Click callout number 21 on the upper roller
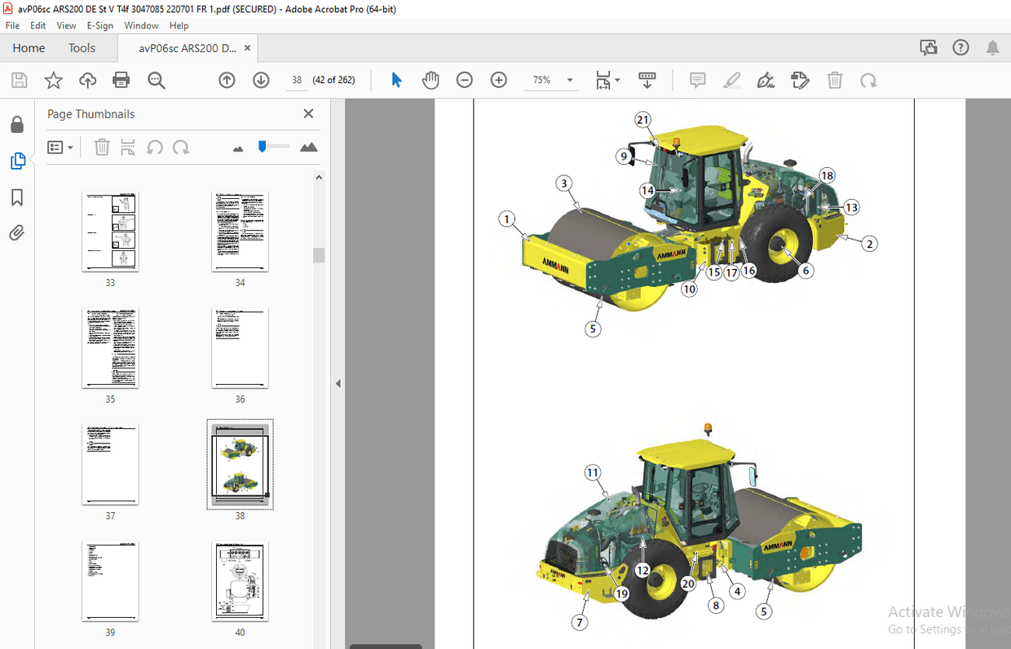pyautogui.click(x=643, y=120)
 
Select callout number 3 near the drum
pyautogui.click(x=564, y=183)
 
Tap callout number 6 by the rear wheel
pyautogui.click(x=806, y=271)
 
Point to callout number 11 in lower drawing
pyautogui.click(x=593, y=473)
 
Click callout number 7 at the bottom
pyautogui.click(x=580, y=623)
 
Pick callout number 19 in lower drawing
pyautogui.click(x=621, y=594)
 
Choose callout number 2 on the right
pyautogui.click(x=870, y=243)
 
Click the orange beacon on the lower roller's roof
pyautogui.click(x=707, y=429)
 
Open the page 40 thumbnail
pyautogui.click(x=240, y=581)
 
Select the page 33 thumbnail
pyautogui.click(x=110, y=232)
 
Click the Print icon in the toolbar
pyautogui.click(x=121, y=80)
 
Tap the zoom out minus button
pyautogui.click(x=464, y=80)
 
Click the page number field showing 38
pyautogui.click(x=297, y=80)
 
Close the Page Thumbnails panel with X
pyautogui.click(x=308, y=114)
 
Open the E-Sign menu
pyautogui.click(x=101, y=26)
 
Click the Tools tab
pyautogui.click(x=82, y=48)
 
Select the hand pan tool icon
pyautogui.click(x=430, y=80)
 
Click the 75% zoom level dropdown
pyautogui.click(x=553, y=80)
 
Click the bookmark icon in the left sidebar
pyautogui.click(x=17, y=197)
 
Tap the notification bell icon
pyautogui.click(x=992, y=48)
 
